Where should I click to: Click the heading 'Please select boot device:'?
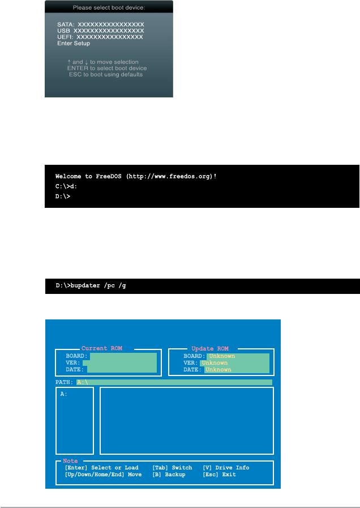pos(109,8)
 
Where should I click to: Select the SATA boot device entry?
pos(100,25)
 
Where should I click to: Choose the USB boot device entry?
pos(100,31)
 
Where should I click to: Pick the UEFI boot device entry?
pos(100,36)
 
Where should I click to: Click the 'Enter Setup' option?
pos(74,42)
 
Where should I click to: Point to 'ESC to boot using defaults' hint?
pos(106,74)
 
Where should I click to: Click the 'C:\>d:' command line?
pos(67,186)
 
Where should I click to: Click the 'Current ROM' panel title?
pos(101,348)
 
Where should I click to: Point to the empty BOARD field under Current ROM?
pos(122,356)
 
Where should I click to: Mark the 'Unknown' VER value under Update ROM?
pos(215,363)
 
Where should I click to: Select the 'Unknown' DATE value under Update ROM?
pos(218,370)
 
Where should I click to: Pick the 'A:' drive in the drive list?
pos(64,394)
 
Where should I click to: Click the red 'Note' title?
pos(70,461)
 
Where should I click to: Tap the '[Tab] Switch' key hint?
pos(172,468)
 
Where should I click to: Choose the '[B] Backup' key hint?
pos(169,475)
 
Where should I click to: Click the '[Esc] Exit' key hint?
pos(219,475)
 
